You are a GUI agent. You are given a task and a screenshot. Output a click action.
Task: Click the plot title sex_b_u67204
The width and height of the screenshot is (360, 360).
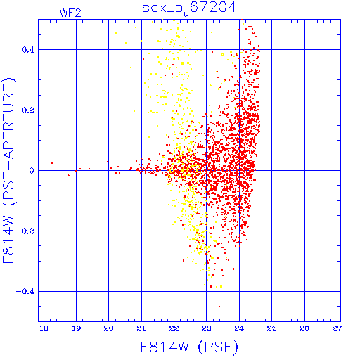(x=190, y=8)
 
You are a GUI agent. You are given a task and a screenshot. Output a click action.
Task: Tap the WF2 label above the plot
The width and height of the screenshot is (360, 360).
(x=70, y=13)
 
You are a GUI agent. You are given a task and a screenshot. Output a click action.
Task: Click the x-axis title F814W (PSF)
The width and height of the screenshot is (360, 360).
(x=189, y=347)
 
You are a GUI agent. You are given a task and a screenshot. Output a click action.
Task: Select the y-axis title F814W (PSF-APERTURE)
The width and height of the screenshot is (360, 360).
(x=8, y=170)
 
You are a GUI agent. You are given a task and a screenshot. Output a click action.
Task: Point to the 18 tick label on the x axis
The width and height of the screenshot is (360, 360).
(x=44, y=328)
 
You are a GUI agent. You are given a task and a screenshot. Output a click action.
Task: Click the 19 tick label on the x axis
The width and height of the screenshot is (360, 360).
(x=76, y=328)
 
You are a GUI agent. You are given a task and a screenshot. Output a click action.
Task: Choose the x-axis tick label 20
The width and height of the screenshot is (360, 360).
(x=108, y=328)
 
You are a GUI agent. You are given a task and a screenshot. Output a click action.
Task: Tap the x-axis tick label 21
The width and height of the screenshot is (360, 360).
(x=141, y=328)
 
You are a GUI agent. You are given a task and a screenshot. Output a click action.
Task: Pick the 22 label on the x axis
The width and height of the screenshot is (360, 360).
(x=174, y=328)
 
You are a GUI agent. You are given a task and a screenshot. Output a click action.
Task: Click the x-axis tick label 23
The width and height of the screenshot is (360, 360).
(x=207, y=328)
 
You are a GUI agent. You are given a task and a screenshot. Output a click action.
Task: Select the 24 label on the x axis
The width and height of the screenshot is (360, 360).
(x=239, y=328)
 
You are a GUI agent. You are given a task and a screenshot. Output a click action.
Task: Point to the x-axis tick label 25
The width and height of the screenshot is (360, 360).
(x=271, y=328)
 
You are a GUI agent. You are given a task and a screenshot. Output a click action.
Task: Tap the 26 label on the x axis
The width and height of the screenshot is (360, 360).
(x=304, y=328)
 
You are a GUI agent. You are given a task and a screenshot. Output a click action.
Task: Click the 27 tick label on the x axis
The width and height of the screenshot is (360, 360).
(x=337, y=328)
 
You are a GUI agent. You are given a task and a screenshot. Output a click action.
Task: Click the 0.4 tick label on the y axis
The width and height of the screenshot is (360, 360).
(x=28, y=50)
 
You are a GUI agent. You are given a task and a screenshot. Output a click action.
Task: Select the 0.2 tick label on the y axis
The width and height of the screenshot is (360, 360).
(x=28, y=110)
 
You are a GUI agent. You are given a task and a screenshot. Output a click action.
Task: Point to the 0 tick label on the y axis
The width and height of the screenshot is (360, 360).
(x=32, y=171)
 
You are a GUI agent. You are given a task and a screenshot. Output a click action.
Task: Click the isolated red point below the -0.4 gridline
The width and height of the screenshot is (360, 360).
(x=219, y=307)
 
